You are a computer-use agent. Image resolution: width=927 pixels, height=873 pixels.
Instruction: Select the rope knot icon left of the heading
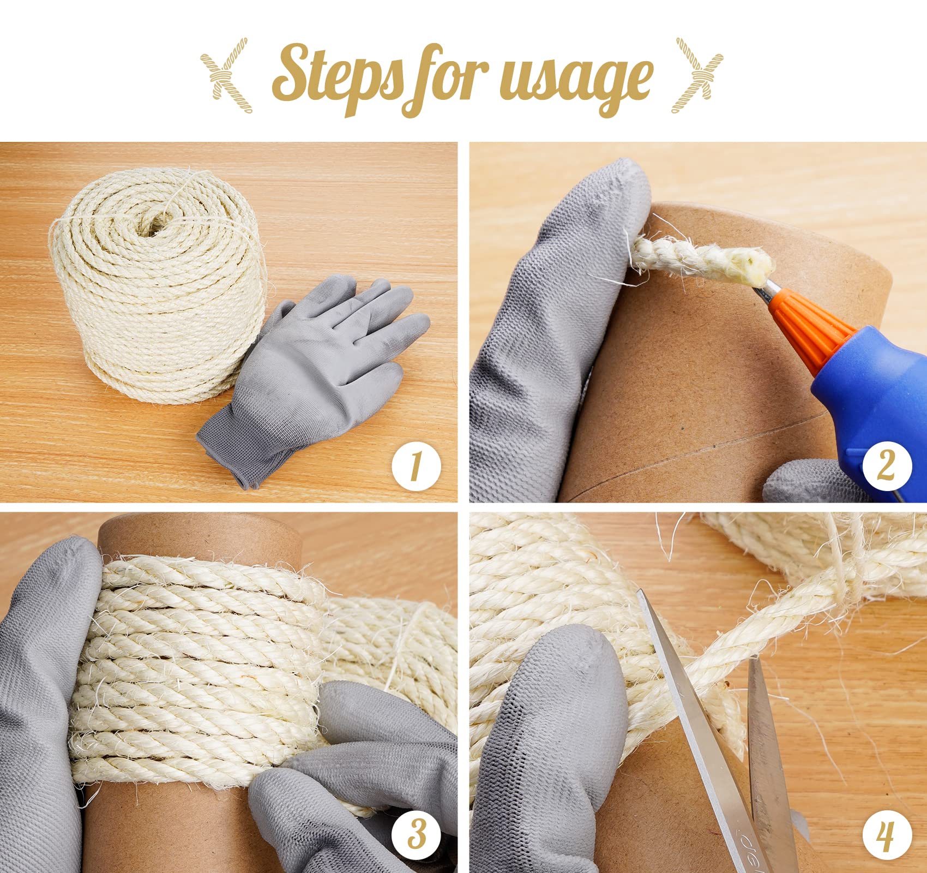226,75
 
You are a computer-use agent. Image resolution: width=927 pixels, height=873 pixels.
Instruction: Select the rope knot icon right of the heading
697,75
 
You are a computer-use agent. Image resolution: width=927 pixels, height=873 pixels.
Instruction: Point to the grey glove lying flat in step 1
314,376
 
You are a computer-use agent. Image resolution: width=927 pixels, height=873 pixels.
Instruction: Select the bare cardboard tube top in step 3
201,537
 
